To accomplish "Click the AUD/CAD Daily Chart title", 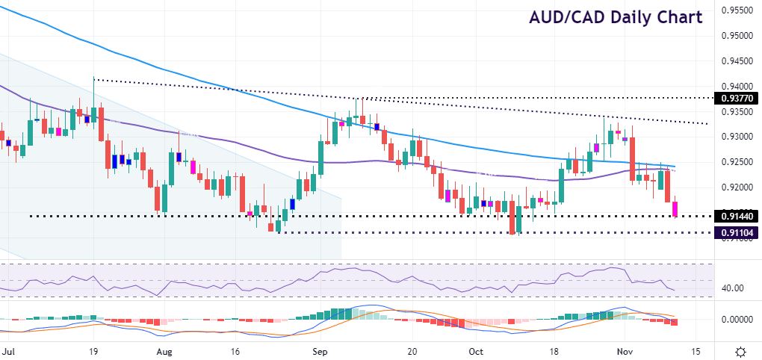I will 616,17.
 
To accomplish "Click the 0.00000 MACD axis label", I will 735,319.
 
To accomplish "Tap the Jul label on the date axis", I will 8,350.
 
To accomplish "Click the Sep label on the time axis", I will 320,350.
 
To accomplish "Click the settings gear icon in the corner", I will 740,350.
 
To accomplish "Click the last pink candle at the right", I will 675,208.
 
